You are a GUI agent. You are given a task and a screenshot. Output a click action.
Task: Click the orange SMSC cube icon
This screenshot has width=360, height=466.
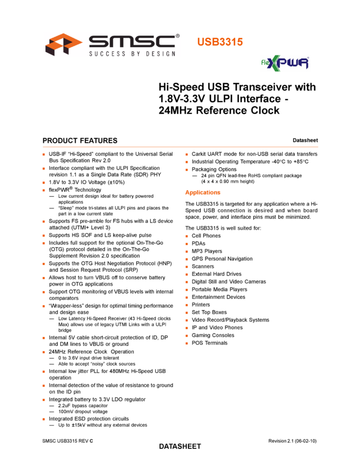coord(63,44)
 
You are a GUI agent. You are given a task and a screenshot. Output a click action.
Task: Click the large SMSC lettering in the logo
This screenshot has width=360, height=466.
coord(132,42)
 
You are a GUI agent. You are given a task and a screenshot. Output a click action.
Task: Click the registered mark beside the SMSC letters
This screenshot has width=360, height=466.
coord(178,36)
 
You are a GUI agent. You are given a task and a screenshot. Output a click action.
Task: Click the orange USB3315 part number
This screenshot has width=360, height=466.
coord(220,42)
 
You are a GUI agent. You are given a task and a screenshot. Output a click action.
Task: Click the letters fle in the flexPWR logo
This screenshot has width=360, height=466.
coord(265,64)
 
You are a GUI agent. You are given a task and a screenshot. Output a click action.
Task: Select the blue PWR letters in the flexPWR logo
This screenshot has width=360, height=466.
coord(296,64)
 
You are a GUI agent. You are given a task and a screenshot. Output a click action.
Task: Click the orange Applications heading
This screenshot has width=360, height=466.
coord(203,192)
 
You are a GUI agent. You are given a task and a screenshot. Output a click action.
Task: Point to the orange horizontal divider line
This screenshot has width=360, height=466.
coord(180,147)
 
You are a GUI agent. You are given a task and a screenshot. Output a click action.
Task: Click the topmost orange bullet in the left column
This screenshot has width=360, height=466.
coord(43,155)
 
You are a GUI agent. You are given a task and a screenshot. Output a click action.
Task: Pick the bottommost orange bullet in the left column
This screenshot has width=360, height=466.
coord(43,419)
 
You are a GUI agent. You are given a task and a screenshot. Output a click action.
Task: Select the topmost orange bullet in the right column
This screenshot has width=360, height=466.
coord(187,155)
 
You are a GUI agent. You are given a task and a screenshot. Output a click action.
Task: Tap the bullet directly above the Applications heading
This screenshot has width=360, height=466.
coord(187,170)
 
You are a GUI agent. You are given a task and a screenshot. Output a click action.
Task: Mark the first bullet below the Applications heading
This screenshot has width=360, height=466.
coord(187,236)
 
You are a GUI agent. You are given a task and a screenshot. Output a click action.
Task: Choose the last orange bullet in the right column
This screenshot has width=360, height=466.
coord(187,343)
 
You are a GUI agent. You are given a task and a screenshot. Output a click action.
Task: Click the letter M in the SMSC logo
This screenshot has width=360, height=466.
coord(119,42)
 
